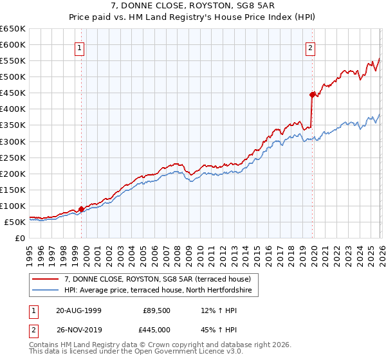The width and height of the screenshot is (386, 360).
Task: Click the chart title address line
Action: [x=192, y=6]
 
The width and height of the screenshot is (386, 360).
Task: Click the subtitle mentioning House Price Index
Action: [x=192, y=17]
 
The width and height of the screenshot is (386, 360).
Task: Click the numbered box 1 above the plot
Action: [x=79, y=47]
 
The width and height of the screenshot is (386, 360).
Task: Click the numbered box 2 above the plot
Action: [x=310, y=47]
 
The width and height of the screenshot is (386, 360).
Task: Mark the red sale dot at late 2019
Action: [x=312, y=94]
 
